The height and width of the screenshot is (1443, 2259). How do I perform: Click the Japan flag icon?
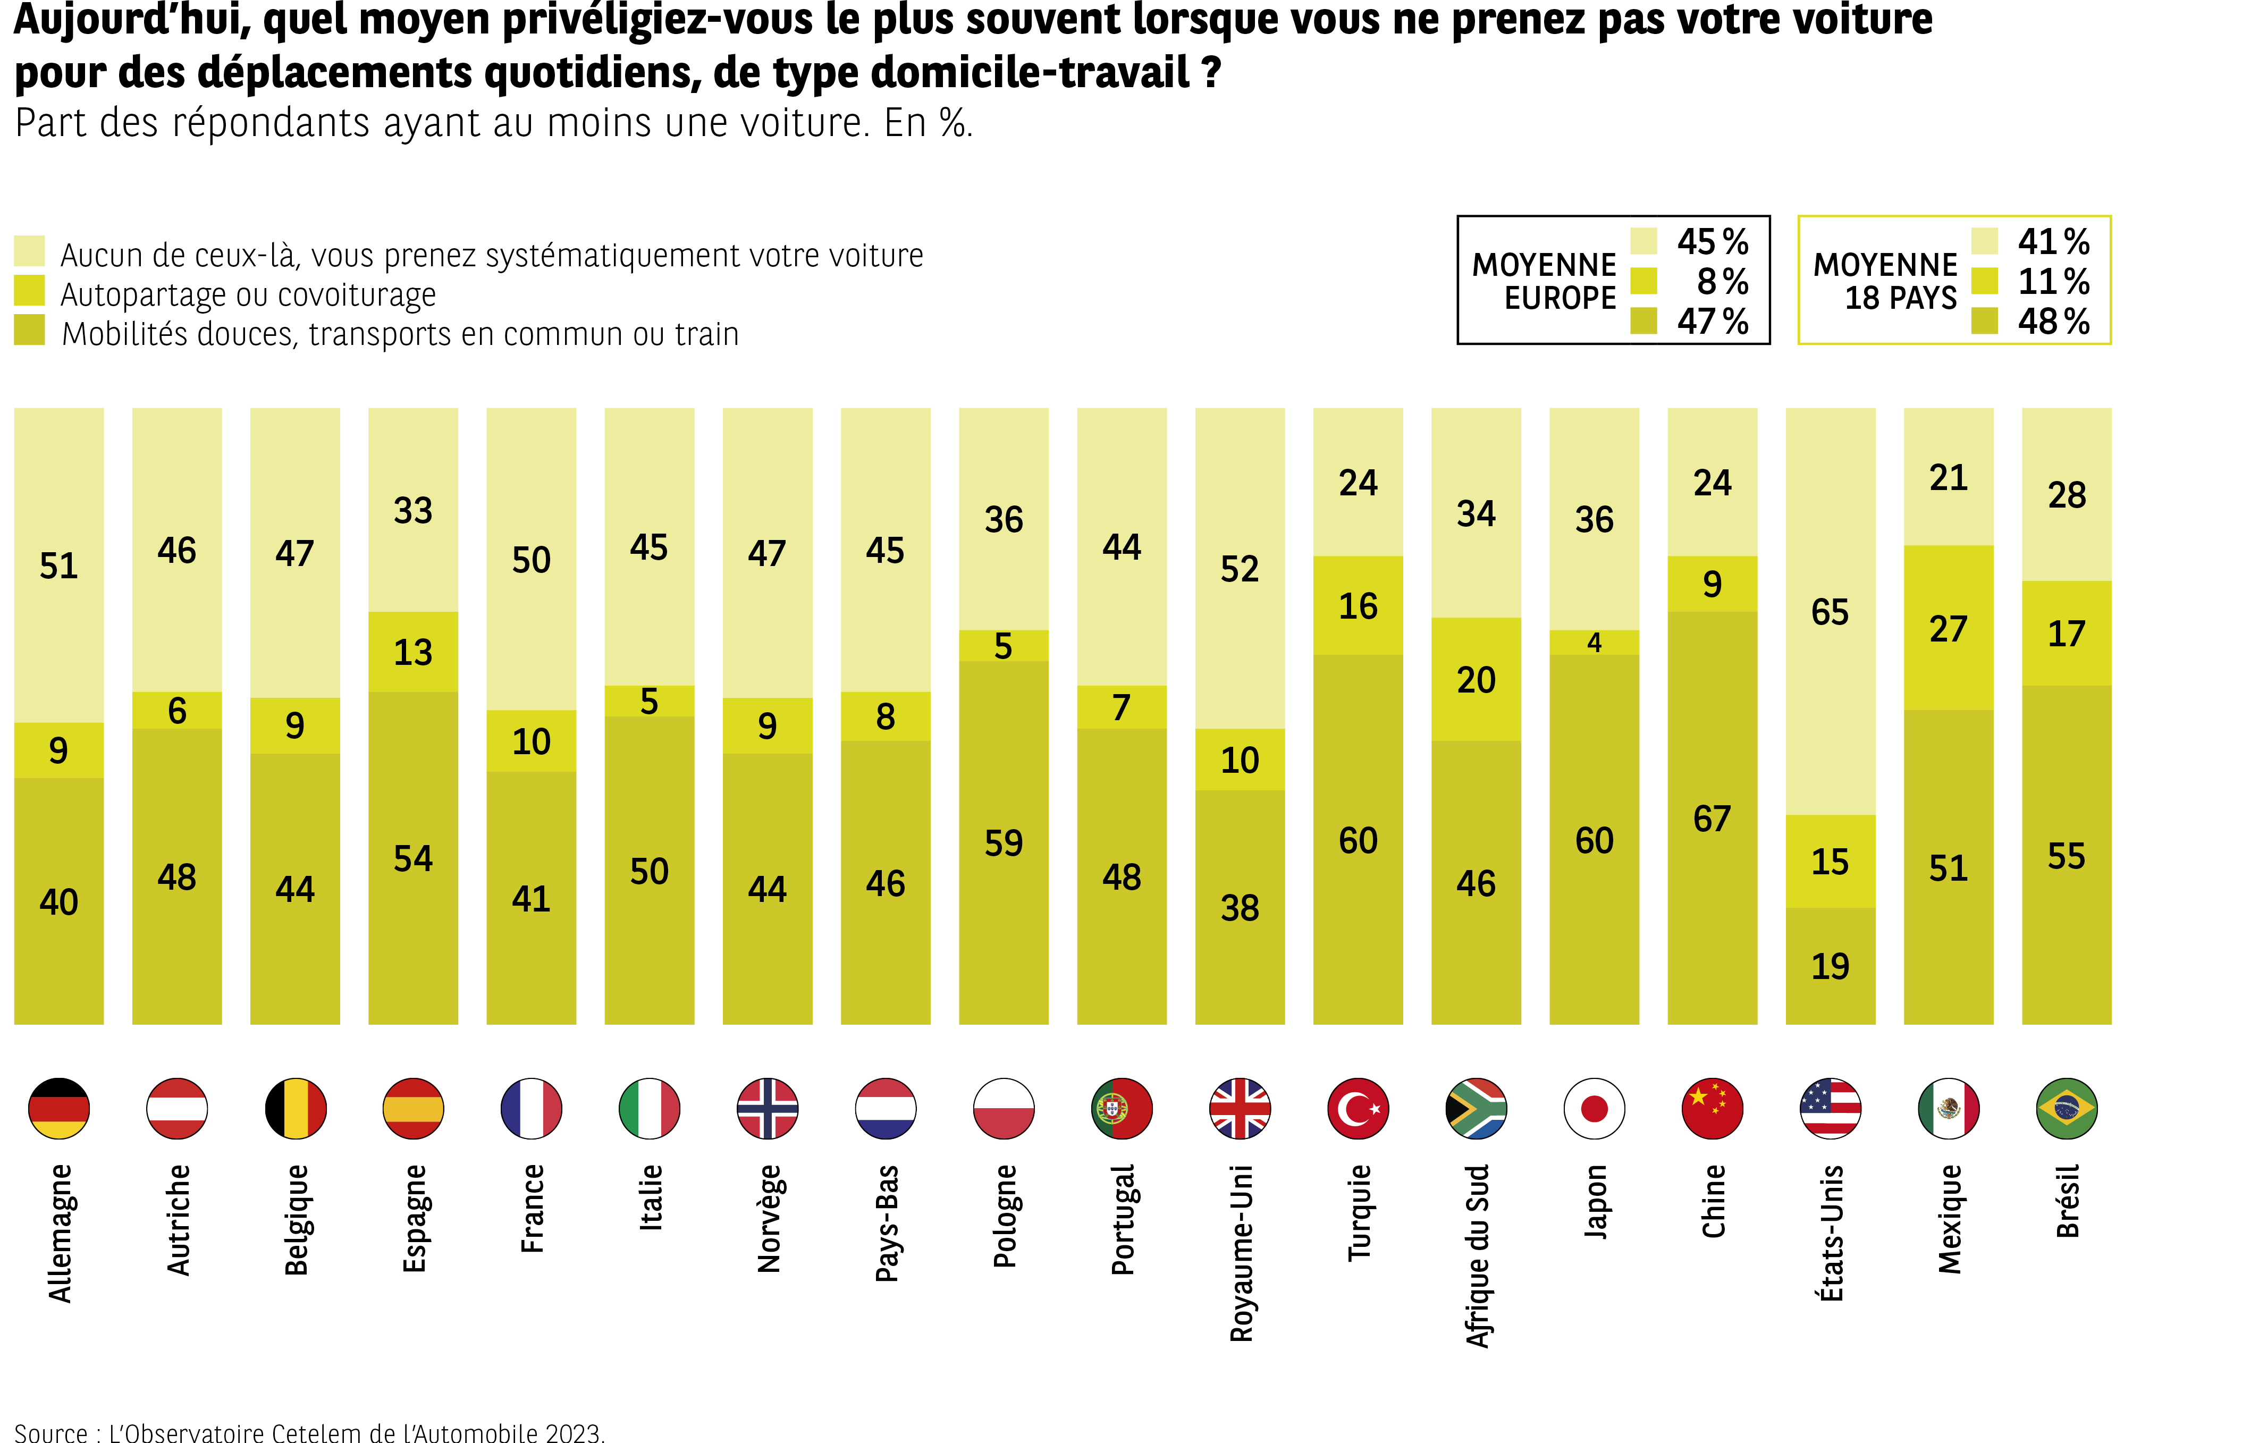pyautogui.click(x=1594, y=1108)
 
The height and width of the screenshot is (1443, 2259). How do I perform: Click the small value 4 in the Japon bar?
pyautogui.click(x=1594, y=643)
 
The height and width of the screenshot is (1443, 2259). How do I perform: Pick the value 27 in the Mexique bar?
pyautogui.click(x=1948, y=629)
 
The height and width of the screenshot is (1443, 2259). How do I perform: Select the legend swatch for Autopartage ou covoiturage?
pyautogui.click(x=30, y=291)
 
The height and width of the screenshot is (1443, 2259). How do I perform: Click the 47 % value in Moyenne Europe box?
pyautogui.click(x=1712, y=322)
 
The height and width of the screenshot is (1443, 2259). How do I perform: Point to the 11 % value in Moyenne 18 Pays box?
pyautogui.click(x=2053, y=282)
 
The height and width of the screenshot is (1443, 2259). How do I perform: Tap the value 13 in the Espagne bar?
pyautogui.click(x=413, y=652)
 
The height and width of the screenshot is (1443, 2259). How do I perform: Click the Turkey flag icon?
pyautogui.click(x=1358, y=1108)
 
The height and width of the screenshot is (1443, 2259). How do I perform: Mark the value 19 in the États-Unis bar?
pyautogui.click(x=1830, y=966)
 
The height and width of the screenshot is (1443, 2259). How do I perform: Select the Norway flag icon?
pyautogui.click(x=768, y=1108)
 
